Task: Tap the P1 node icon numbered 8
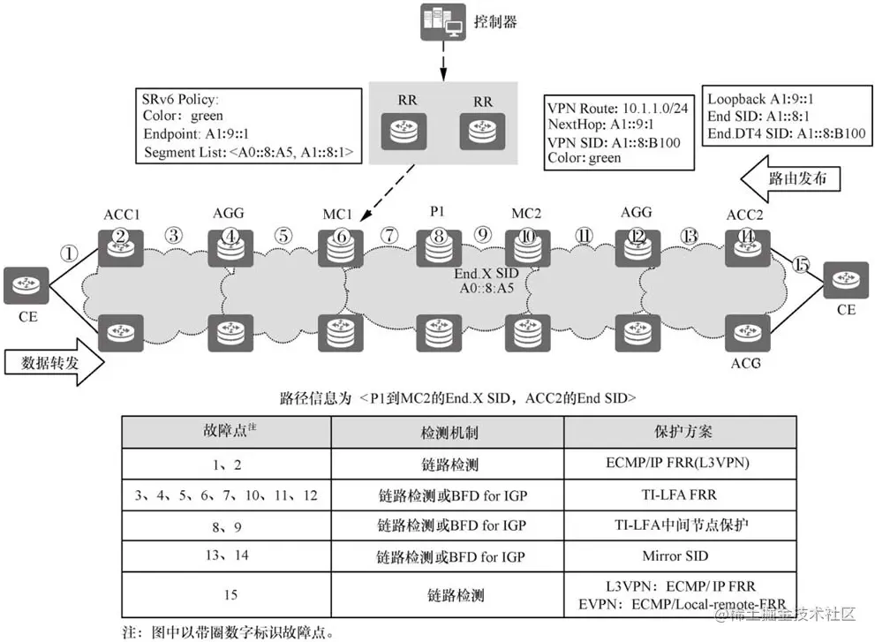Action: click(435, 244)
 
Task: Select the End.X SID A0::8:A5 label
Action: click(480, 282)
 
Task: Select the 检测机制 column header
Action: click(447, 433)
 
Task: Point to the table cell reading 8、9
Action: click(226, 525)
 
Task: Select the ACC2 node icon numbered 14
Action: click(747, 243)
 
